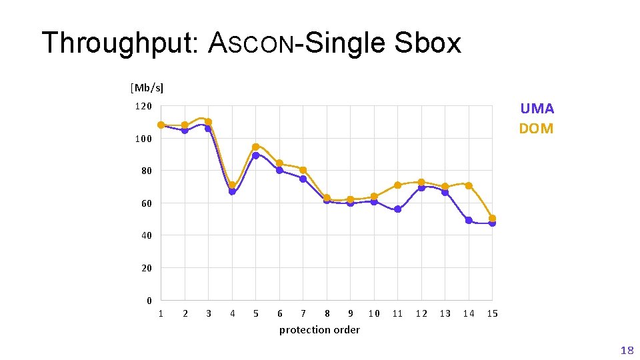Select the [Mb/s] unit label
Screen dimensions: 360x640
[147, 87]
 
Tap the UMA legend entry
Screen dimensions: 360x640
[537, 109]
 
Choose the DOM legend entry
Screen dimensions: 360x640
[536, 128]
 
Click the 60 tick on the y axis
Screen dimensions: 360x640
[146, 203]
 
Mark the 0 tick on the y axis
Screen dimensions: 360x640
[149, 301]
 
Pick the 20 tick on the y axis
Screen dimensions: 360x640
[146, 268]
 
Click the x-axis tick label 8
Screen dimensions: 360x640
[327, 313]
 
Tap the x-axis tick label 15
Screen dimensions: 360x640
[492, 313]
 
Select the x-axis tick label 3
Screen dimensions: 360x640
[209, 313]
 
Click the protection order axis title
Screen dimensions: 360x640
[319, 330]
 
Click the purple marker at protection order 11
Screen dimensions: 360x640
[397, 209]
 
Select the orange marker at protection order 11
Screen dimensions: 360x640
[397, 185]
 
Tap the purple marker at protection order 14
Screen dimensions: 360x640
[469, 220]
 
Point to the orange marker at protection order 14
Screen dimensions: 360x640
[469, 185]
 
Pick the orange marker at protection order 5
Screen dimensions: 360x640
[255, 147]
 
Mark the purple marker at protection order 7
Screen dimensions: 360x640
[303, 179]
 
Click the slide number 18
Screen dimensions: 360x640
[627, 349]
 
